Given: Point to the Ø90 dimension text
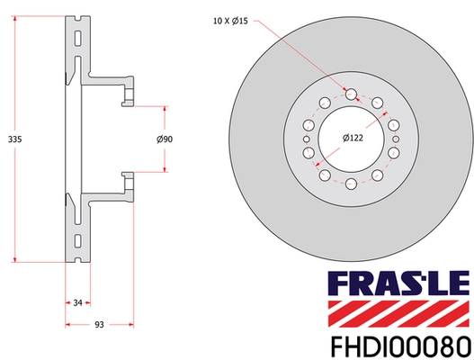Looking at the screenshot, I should (x=165, y=139).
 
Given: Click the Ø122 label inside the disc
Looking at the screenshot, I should (x=353, y=138).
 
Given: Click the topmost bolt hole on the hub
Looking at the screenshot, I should (x=351, y=91).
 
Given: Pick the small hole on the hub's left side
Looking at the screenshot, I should (x=306, y=139).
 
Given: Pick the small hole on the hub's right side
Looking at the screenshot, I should (x=396, y=139).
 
